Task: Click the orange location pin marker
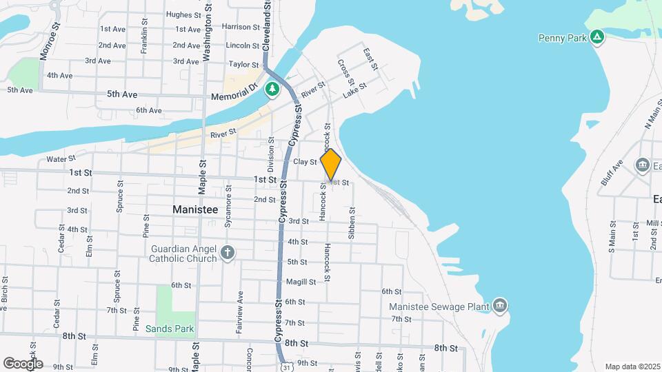[x=331, y=165]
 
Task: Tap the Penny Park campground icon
[x=598, y=37]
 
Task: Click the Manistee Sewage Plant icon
[x=500, y=306]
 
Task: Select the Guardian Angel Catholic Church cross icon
[x=228, y=252]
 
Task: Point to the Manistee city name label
[x=194, y=209]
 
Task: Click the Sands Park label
[x=170, y=329]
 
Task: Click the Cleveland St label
[x=266, y=24]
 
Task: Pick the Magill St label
[x=301, y=282]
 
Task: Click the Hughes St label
[x=183, y=14]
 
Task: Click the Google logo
[x=23, y=363]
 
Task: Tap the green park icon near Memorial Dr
[x=273, y=89]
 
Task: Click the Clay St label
[x=304, y=162]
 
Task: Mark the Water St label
[x=60, y=160]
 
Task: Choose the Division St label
[x=271, y=154]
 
